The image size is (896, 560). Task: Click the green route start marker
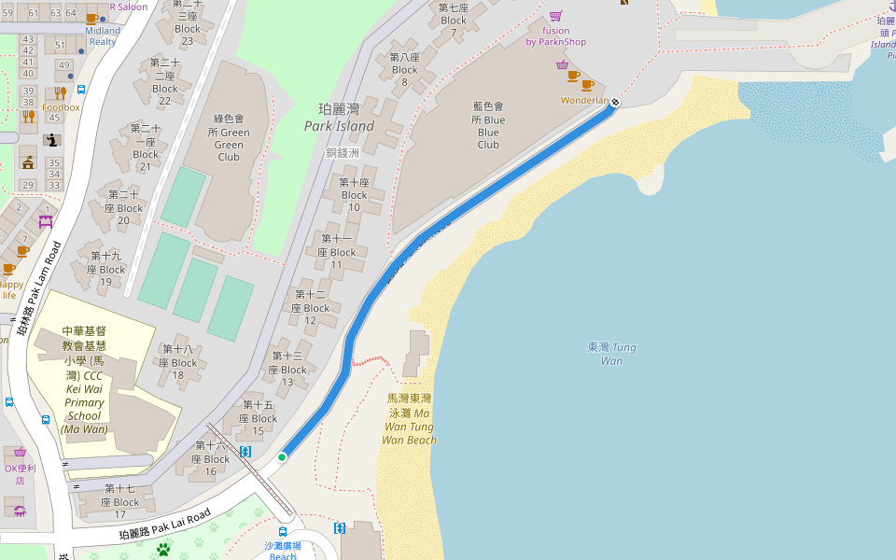coord(282,457)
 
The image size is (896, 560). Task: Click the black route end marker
coord(616,101)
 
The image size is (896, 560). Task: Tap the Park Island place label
coord(339,118)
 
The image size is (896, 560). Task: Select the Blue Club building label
coord(488,126)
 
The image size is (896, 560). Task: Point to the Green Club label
coord(229,138)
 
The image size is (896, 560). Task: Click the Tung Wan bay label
coord(611,354)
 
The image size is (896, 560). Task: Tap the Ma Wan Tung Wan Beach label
coord(410,419)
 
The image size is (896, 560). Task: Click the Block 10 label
coord(355,195)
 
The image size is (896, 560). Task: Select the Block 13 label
coord(287,369)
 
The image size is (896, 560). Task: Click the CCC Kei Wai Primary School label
coord(84,380)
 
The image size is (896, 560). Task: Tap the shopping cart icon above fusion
coord(555,16)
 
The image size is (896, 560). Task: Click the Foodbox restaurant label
coord(61,107)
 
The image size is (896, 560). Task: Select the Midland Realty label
coord(103,35)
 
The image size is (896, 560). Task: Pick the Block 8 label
coord(404,70)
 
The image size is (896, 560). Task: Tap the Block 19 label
coord(106,269)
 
